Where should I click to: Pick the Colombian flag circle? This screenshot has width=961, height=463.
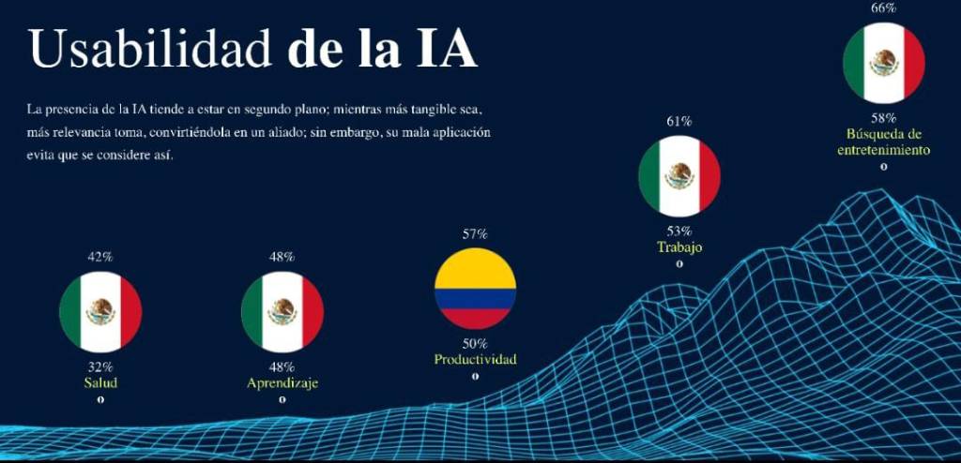point(475,289)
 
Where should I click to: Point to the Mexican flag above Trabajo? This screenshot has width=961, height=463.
point(679,175)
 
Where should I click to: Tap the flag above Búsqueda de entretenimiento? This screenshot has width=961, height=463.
point(883,63)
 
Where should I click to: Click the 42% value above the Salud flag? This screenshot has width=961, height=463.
point(100,257)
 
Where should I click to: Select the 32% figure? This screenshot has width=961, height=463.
point(100,366)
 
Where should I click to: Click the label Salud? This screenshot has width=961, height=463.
point(100,382)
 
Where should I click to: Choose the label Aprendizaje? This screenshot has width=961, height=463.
point(282,383)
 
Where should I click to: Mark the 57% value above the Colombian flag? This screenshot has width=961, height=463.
point(475,234)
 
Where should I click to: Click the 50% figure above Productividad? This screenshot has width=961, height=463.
point(475,344)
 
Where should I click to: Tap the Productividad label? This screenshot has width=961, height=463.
point(475,360)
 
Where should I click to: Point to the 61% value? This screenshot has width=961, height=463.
point(679,121)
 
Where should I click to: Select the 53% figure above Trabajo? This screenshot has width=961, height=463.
point(679,231)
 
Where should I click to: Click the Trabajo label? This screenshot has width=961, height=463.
point(679,247)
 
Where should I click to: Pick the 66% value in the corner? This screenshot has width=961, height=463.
point(883,7)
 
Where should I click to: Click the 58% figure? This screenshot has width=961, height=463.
point(883,118)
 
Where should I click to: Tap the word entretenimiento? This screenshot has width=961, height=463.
point(883,150)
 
